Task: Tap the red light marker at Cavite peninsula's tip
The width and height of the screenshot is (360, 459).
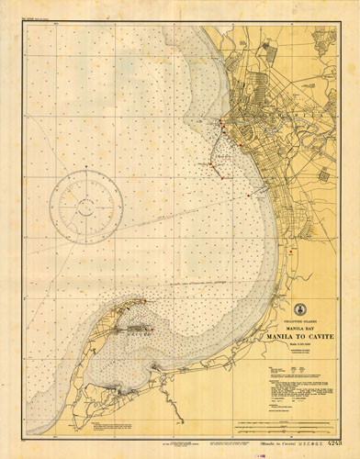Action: coord(143,299)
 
